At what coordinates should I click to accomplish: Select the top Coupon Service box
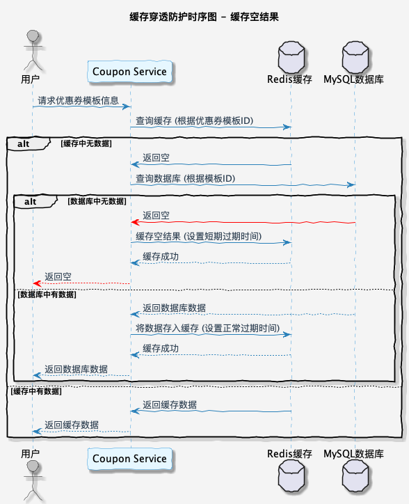click(130, 72)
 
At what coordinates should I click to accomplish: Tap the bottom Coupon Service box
click(130, 458)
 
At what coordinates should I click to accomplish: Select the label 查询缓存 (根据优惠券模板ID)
click(194, 121)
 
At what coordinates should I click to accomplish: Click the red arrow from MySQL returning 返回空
click(243, 222)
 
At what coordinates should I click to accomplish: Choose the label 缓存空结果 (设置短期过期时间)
click(198, 237)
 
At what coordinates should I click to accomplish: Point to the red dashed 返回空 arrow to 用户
click(81, 283)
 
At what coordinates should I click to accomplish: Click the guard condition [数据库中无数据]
click(97, 200)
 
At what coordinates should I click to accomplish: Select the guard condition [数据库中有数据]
click(47, 294)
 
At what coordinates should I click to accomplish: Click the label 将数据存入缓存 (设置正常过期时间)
click(207, 328)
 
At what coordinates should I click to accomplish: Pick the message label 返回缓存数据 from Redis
click(169, 404)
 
